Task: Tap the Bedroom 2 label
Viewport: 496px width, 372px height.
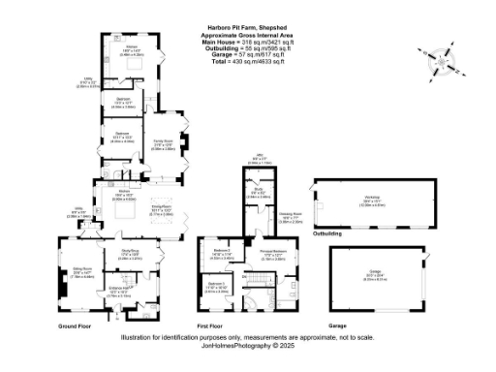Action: coord(222,254)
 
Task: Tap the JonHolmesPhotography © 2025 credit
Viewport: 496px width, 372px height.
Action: coord(248,344)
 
